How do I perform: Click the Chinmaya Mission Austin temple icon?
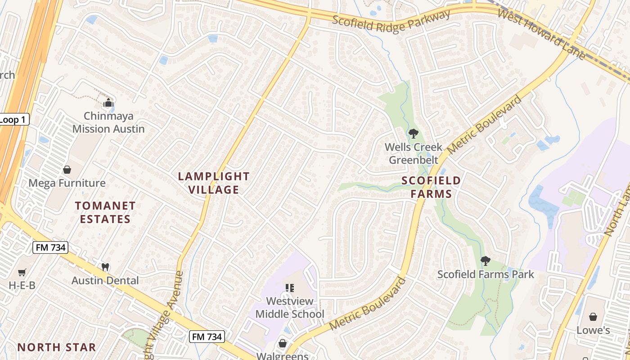tap(108, 103)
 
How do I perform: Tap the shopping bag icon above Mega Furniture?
tap(67, 170)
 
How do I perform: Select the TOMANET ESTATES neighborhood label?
tap(105, 212)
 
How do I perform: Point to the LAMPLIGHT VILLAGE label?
tap(214, 183)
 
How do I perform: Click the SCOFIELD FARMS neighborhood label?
tap(431, 187)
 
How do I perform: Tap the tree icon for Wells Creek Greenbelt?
tap(413, 133)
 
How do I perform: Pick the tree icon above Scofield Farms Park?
tap(485, 261)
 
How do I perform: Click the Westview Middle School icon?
tap(290, 288)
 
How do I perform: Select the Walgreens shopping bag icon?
tap(282, 344)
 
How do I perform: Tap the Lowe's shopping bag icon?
tap(593, 317)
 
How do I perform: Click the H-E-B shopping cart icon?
tap(22, 272)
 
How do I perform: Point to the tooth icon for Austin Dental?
tap(106, 267)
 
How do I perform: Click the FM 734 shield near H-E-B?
tap(50, 247)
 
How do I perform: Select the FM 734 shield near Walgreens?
tap(207, 336)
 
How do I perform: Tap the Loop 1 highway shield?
tap(13, 119)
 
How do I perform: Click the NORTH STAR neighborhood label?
tap(57, 347)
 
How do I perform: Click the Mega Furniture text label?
tap(67, 183)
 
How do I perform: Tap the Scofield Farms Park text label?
tap(486, 274)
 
